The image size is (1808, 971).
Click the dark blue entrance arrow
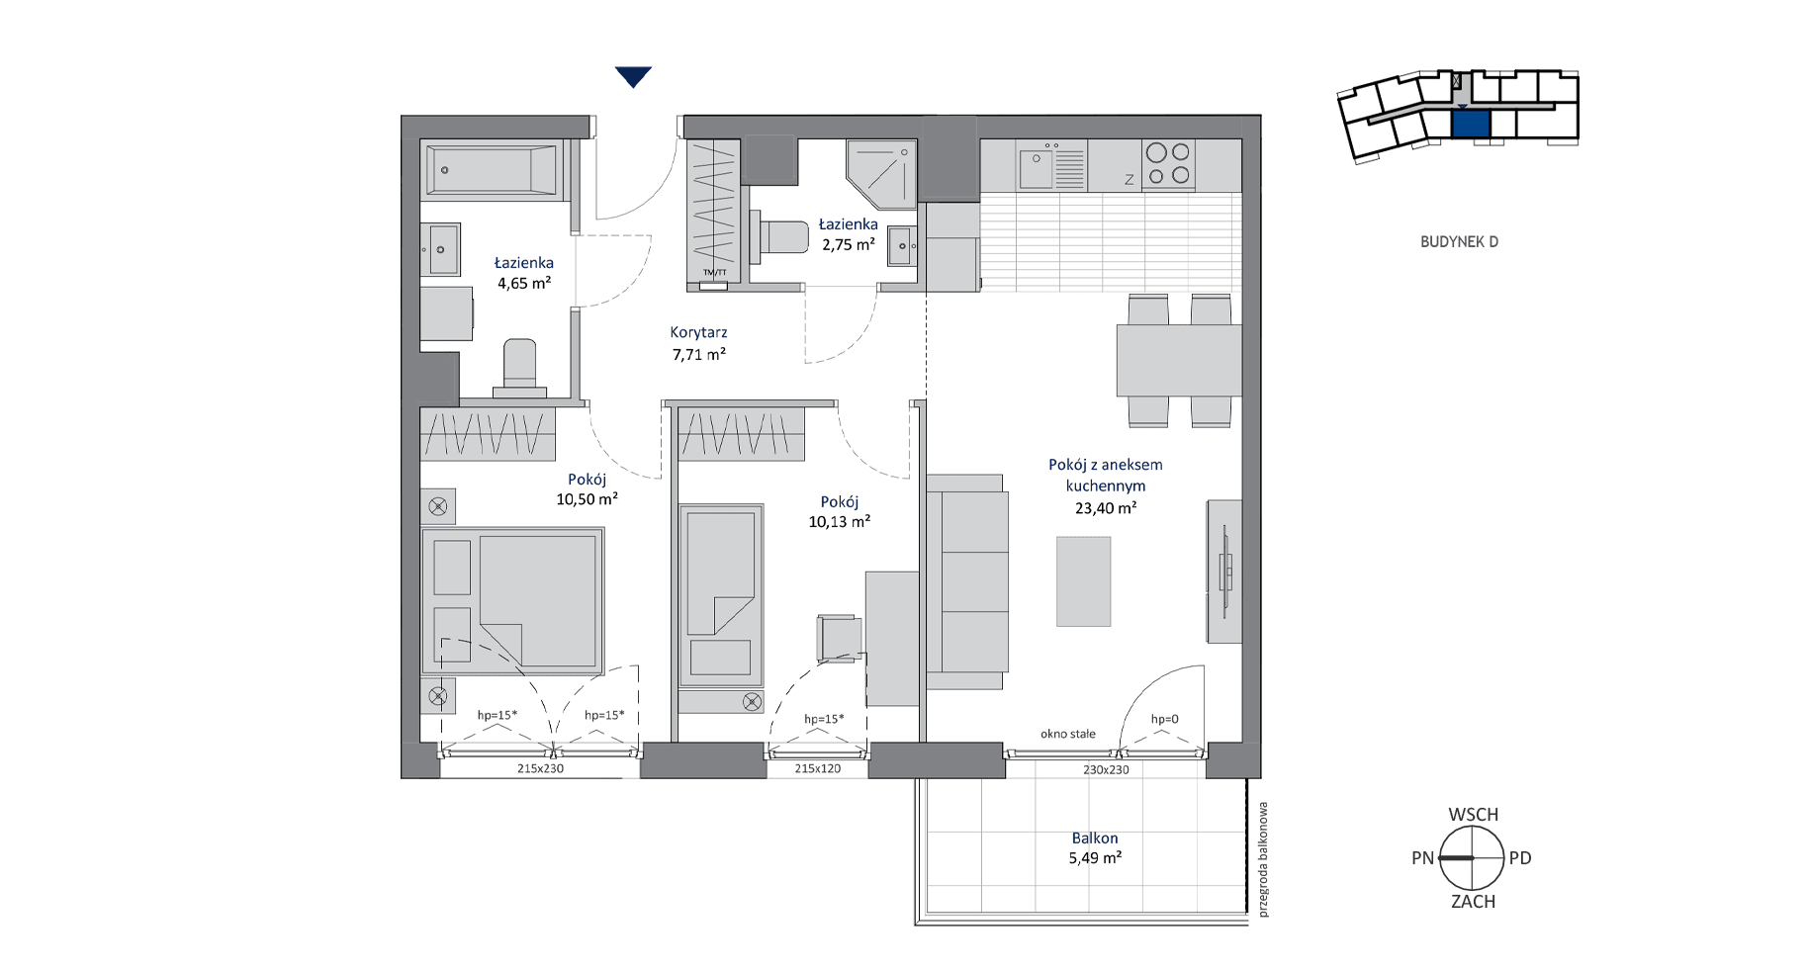[633, 76]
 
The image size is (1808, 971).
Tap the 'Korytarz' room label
[698, 333]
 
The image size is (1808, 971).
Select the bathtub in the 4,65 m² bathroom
[492, 170]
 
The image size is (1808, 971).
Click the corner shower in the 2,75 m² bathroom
[881, 174]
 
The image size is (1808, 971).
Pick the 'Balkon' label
[1095, 839]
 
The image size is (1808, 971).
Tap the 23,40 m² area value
[1106, 508]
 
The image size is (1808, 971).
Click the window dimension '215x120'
[818, 768]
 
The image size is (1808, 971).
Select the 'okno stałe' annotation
[1068, 734]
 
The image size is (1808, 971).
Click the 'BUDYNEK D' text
[1459, 242]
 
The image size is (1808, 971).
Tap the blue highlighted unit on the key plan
[1471, 124]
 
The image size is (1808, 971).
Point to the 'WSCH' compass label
[1474, 815]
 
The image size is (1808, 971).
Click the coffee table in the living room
[1083, 581]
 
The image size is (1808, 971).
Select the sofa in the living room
[966, 581]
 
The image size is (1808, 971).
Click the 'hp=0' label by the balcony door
[1164, 720]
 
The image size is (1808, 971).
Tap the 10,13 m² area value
[840, 522]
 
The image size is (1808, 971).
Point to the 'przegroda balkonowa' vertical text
[1263, 859]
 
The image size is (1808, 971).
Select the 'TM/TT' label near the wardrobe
[714, 273]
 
